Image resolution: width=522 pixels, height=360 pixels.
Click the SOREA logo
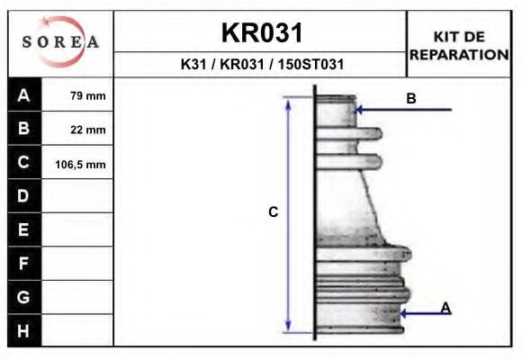point(60,42)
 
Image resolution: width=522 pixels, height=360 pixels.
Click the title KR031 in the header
point(261,33)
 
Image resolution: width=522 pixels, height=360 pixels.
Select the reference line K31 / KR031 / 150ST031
point(261,65)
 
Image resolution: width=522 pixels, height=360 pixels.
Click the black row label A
point(23,94)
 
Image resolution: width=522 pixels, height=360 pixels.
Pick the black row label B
point(23,129)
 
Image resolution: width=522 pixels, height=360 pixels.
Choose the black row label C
point(23,163)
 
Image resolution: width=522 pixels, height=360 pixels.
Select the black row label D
point(23,196)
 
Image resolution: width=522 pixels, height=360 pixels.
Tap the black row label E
point(23,229)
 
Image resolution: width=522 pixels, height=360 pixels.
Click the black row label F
point(23,264)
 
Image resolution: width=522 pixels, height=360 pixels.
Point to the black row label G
point(23,297)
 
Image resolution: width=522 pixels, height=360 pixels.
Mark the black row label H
point(23,330)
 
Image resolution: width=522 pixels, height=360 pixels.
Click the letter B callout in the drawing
point(411,99)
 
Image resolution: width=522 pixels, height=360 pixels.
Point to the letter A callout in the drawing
point(445,308)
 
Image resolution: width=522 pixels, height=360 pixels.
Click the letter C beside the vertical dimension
point(274,212)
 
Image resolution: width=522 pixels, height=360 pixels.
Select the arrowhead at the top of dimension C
point(288,102)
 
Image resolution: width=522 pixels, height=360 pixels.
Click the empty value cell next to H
point(77,330)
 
